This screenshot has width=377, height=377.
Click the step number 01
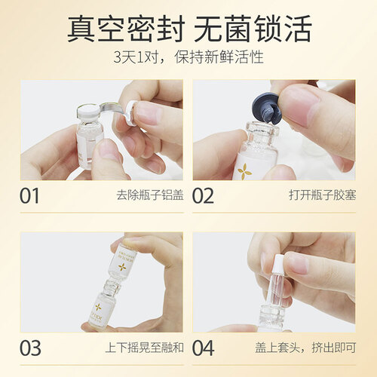tap(29, 196)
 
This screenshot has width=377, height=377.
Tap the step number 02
tap(203, 196)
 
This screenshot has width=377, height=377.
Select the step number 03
tap(30, 348)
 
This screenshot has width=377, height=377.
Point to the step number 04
tap(204, 348)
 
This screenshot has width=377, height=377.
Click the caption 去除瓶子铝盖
tap(150, 195)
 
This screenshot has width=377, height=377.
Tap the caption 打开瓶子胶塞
tap(323, 195)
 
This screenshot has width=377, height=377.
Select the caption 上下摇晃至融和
tap(145, 348)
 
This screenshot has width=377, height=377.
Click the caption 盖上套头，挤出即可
tap(305, 348)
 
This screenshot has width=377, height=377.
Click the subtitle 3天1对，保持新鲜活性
tap(188, 57)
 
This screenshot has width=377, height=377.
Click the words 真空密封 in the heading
tap(126, 28)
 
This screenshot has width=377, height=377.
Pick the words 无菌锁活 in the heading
tap(253, 28)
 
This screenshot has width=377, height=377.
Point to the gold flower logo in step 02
tap(244, 170)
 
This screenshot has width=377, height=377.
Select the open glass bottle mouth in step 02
tap(262, 130)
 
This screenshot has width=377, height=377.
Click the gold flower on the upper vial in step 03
tap(123, 267)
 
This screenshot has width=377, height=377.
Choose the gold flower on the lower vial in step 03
tap(99, 307)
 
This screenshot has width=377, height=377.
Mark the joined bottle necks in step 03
tap(111, 284)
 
